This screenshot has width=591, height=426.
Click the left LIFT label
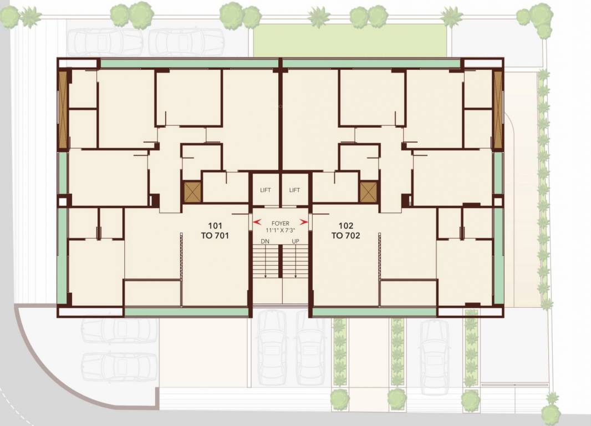click(266, 190)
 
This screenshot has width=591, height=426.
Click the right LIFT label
click(294, 190)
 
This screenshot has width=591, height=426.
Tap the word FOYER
click(281, 224)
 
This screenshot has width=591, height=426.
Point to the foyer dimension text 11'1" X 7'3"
click(281, 230)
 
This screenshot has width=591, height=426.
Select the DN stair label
click(266, 241)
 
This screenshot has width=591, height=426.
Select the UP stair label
click(295, 241)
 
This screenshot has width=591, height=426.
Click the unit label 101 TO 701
click(215, 231)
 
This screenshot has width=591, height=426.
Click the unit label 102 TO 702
click(346, 231)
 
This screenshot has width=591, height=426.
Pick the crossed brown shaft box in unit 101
click(192, 192)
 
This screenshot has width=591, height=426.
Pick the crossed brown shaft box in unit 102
click(368, 192)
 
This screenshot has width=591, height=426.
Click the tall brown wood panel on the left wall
click(63, 109)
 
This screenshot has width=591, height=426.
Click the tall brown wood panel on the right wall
click(497, 109)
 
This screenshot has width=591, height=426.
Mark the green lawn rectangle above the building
click(349, 40)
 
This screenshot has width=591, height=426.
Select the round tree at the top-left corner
click(9, 17)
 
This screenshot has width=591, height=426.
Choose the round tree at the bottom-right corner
click(551, 412)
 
